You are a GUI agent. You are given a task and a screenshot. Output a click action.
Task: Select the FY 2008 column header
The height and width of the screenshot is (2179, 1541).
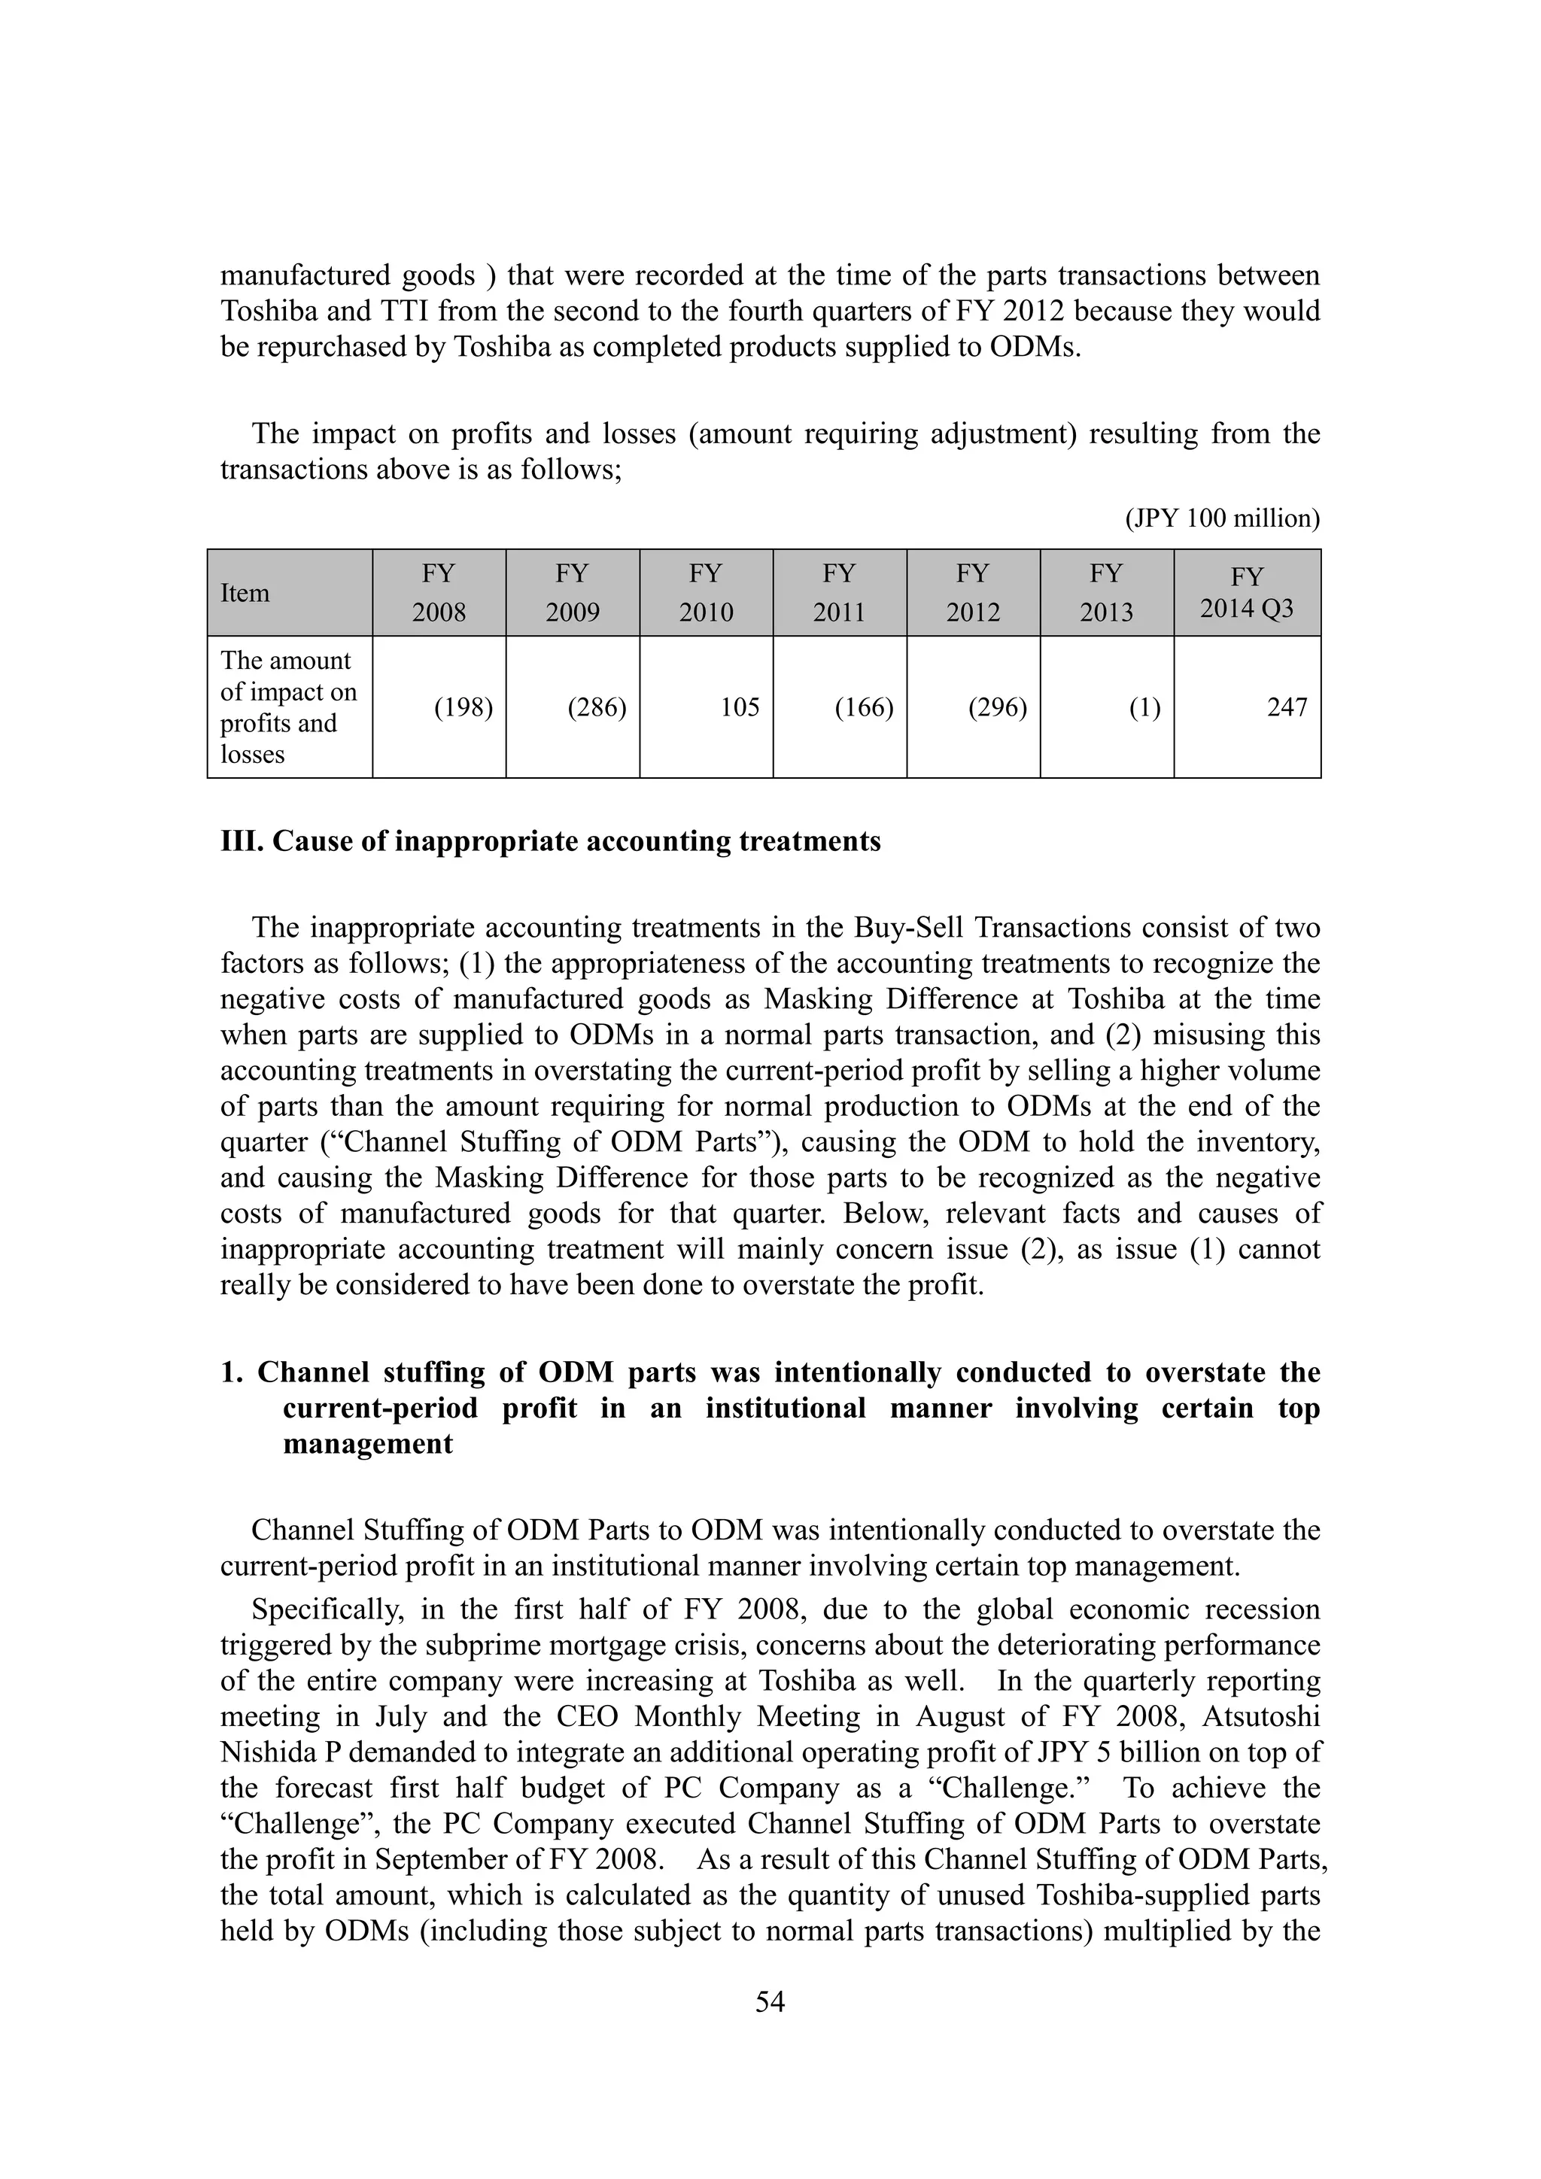coord(439,592)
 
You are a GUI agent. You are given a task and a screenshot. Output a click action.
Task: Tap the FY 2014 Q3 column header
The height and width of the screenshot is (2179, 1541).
coord(1246,592)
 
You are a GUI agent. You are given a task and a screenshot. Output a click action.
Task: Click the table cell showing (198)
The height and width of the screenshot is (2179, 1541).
coord(463,708)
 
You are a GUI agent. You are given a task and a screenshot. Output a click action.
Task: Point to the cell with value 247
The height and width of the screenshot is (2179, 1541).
coord(1287,708)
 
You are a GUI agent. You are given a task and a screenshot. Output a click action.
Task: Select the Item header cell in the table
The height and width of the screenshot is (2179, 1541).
coord(245,593)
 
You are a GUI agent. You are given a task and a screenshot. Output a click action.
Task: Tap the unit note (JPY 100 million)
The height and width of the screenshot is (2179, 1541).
coord(1222,518)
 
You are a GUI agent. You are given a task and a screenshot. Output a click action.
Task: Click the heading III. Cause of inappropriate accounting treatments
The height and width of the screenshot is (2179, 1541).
coord(550,842)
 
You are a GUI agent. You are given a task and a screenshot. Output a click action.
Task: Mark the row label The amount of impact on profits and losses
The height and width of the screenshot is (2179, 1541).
coord(287,707)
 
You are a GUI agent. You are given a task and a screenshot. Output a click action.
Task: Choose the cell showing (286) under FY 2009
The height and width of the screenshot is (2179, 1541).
coord(597,708)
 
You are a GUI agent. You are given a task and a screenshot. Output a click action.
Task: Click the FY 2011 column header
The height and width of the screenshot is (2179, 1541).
coord(839,592)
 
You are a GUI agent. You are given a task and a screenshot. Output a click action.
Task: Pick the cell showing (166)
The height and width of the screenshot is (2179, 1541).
coord(864,708)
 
